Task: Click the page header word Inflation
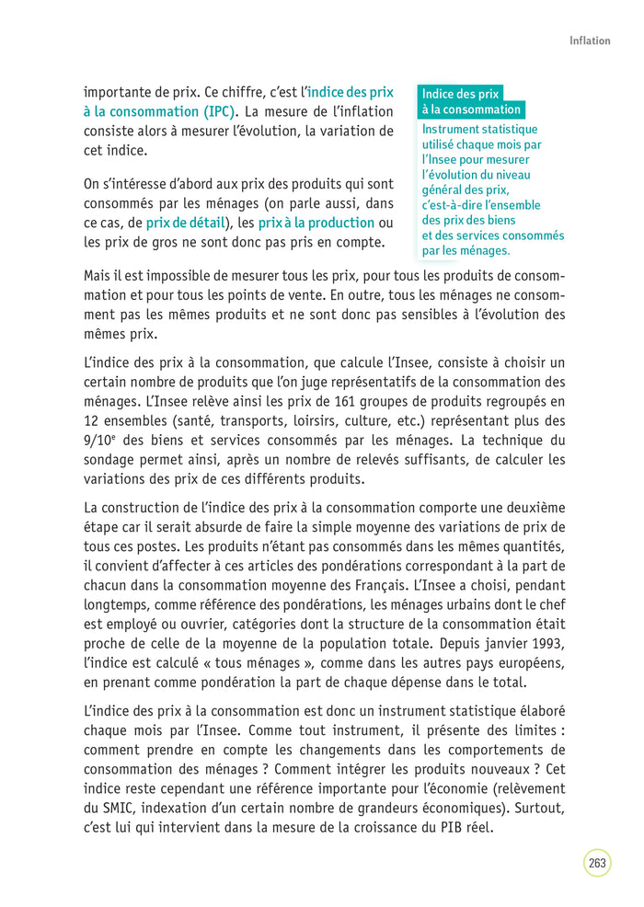point(590,40)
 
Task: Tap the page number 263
point(597,863)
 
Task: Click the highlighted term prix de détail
point(185,223)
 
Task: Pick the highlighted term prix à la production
point(316,223)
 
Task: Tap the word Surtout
point(535,808)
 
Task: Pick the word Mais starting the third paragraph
point(99,276)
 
